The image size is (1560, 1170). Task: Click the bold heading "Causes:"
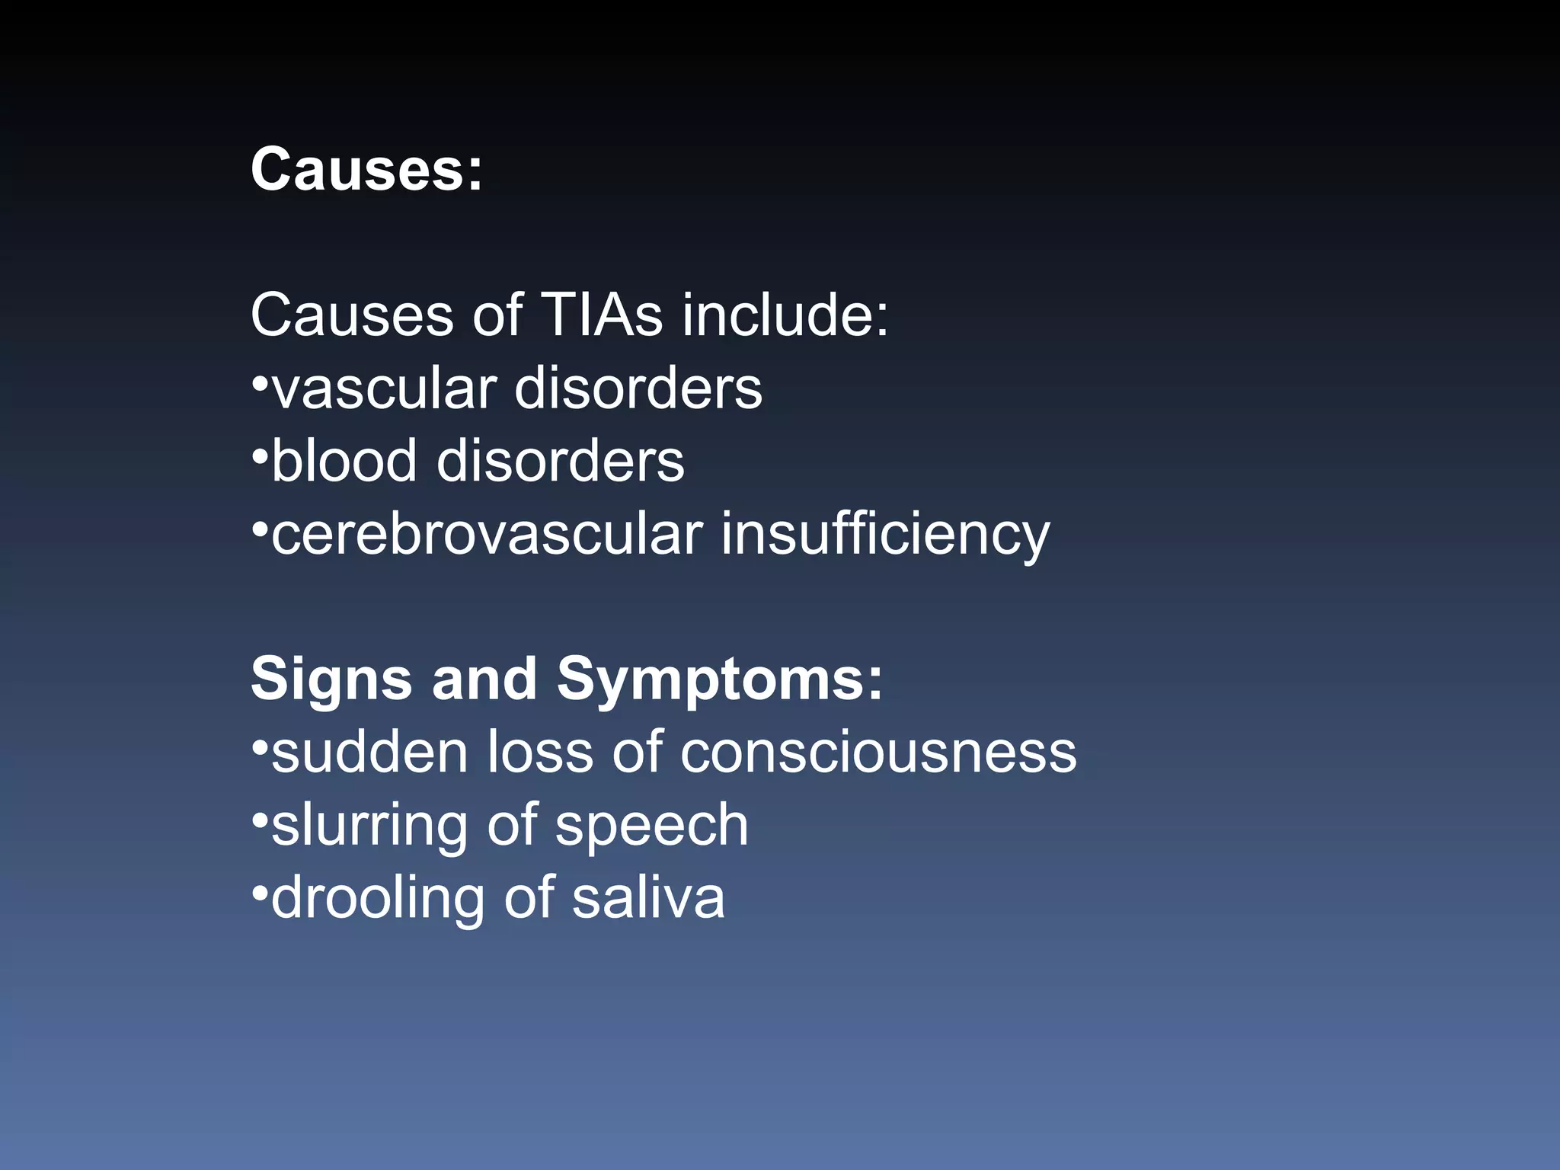click(366, 169)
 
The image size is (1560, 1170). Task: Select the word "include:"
click(785, 315)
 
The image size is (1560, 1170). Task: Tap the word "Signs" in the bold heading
click(331, 679)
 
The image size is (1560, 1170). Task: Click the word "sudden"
click(369, 753)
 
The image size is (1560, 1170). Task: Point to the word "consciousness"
click(878, 753)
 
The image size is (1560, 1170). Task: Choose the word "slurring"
click(369, 825)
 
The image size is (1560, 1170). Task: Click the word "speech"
click(652, 825)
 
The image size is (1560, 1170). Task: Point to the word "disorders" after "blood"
click(561, 461)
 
